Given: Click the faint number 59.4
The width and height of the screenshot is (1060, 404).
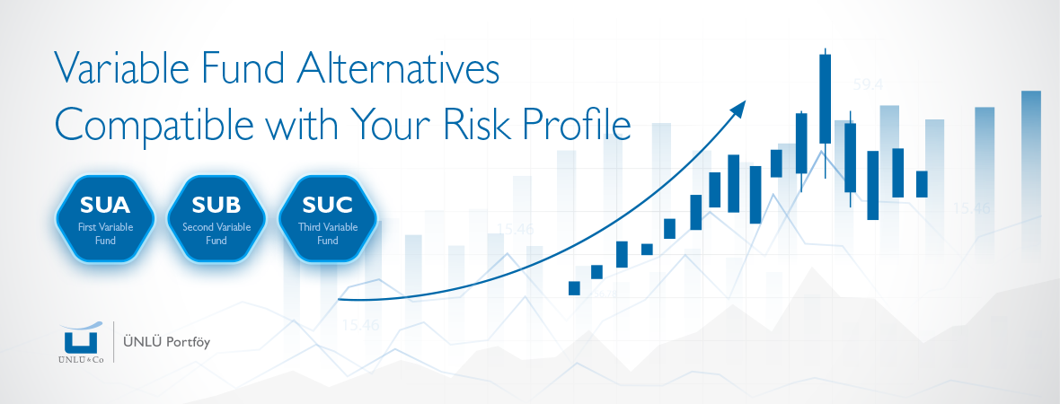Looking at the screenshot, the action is coord(868,85).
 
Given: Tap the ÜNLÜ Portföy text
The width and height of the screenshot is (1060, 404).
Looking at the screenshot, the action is coord(167,343).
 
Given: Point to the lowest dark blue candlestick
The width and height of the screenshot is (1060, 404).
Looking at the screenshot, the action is coord(575,288).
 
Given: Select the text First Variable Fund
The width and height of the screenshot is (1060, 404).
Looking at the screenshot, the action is coord(105,233).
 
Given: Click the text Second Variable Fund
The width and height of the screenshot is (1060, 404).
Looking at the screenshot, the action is coord(216,233).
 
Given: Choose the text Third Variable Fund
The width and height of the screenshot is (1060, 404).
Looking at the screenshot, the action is coord(328,233).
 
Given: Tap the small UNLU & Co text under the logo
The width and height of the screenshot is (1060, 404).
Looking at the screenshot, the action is coord(81,360).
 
